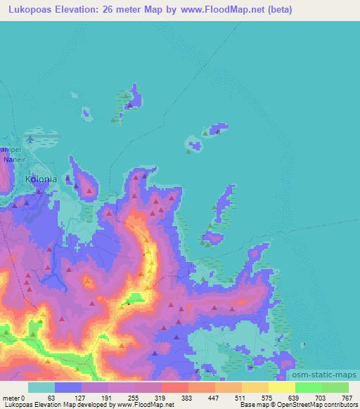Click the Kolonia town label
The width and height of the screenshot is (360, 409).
[x=41, y=179]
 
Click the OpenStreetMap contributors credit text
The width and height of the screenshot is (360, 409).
[x=317, y=404]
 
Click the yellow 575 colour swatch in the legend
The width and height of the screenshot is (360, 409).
[x=255, y=387]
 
